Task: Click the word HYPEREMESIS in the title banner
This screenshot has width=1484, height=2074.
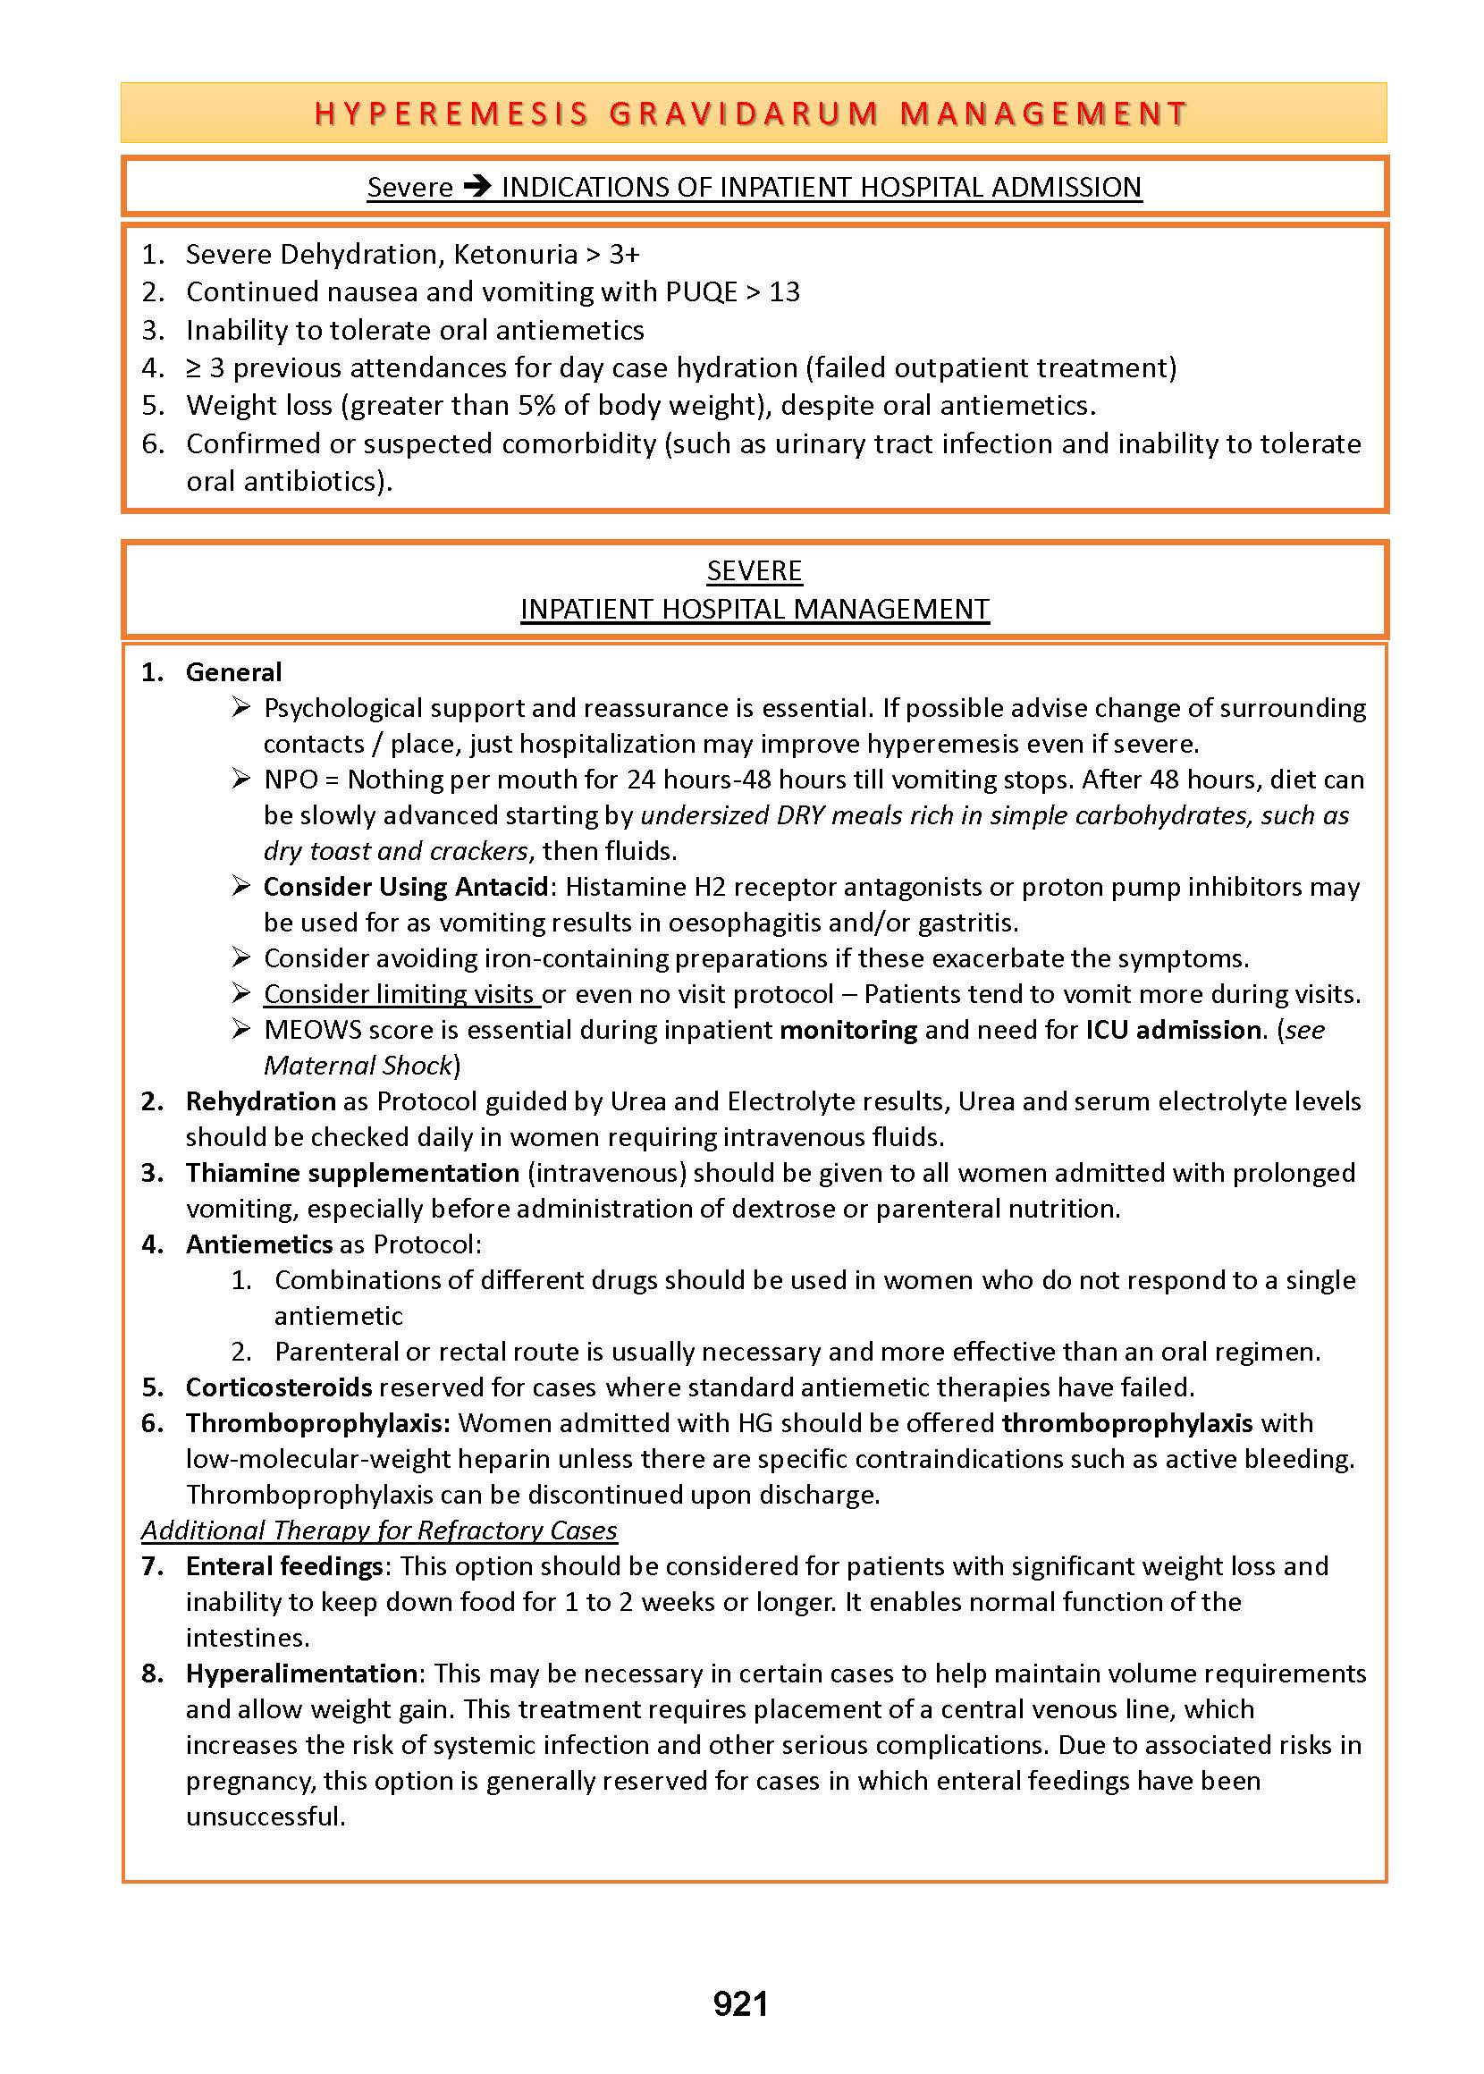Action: point(451,114)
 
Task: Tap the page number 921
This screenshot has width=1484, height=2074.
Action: point(740,2003)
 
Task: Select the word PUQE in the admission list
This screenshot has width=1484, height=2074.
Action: point(701,292)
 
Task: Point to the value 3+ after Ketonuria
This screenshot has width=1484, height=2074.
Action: point(624,254)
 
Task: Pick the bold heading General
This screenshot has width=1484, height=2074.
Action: point(233,672)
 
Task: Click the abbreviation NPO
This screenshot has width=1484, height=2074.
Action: point(291,780)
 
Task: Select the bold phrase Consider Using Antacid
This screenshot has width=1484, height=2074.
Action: point(406,887)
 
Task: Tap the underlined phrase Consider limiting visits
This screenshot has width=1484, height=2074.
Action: point(400,994)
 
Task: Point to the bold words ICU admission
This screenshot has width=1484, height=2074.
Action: point(1173,1030)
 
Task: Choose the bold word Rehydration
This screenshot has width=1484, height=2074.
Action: point(260,1102)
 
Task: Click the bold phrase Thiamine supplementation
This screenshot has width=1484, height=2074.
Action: point(352,1173)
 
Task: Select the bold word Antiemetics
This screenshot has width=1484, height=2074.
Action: point(258,1244)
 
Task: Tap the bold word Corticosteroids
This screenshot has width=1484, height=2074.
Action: point(279,1387)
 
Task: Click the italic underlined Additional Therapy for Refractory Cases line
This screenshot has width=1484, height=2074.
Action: point(379,1530)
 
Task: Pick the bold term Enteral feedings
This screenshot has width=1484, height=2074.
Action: point(284,1566)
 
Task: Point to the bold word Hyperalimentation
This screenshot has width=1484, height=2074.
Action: point(301,1674)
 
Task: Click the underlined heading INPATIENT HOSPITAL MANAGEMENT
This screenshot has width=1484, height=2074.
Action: point(755,610)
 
